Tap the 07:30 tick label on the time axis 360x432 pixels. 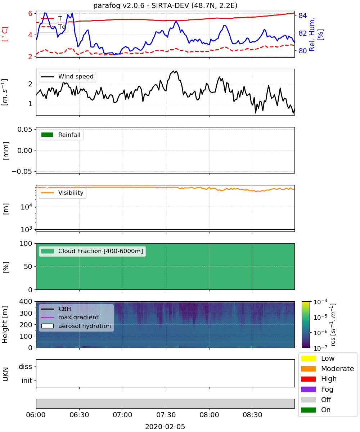coord(166,415)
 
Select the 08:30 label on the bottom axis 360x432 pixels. coord(252,415)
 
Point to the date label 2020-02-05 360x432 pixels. coord(165,427)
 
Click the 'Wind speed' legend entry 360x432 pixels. coord(67,77)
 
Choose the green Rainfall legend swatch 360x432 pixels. coord(48,135)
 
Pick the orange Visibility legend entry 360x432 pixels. coord(62,193)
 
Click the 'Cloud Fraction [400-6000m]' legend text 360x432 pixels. coord(100,251)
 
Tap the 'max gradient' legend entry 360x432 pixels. coord(70,317)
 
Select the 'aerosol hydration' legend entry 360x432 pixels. coord(76,326)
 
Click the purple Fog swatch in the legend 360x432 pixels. coord(308,389)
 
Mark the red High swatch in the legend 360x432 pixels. coord(308,379)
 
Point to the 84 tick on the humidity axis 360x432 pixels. coord(302,15)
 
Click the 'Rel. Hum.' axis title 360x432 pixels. coord(312,34)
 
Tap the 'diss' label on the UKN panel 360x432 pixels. coord(25,366)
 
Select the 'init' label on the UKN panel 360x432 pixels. coord(27,380)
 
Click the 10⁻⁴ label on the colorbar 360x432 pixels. coord(320,302)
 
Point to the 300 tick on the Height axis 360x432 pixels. coord(26,313)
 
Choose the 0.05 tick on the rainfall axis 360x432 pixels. coord(24,129)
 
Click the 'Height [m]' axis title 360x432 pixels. coord(5,324)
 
